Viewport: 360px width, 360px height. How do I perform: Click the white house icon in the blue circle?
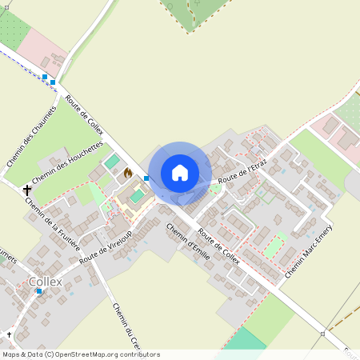point(180,173)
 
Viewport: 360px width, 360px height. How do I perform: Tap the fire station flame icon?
point(128,171)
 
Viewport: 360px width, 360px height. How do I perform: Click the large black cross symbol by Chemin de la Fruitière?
point(28,190)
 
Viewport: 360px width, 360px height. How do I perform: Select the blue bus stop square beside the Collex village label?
point(38,291)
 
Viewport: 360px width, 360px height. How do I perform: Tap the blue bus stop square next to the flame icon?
point(146,178)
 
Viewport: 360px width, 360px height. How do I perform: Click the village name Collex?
point(45,282)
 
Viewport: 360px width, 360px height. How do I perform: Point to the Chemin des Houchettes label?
point(69,164)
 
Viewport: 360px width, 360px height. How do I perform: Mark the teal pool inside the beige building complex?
point(138,195)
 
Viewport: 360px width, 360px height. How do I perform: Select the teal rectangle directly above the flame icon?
point(110,161)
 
